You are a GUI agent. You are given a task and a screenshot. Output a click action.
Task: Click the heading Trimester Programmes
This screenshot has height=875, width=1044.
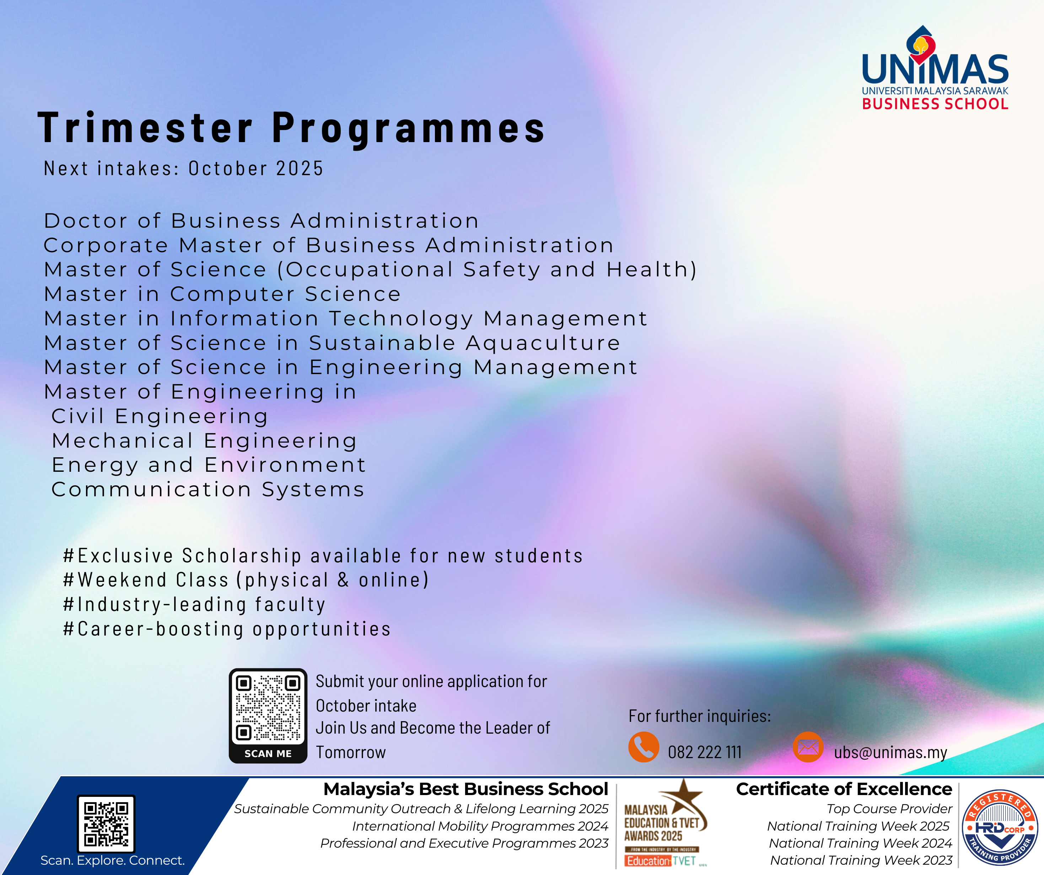[292, 128]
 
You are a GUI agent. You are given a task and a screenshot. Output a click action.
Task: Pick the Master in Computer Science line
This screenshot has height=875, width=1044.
[222, 294]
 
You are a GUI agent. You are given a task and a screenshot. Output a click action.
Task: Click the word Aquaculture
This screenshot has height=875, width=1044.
[543, 343]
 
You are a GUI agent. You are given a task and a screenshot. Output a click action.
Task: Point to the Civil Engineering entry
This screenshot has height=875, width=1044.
[160, 416]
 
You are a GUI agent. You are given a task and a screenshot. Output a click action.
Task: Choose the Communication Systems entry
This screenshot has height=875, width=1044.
[208, 489]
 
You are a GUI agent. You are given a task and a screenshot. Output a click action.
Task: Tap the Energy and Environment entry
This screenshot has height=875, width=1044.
[209, 465]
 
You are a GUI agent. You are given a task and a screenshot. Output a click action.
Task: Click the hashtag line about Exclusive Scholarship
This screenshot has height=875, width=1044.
[323, 555]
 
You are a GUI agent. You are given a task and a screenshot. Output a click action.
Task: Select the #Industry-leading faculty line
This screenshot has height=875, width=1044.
[194, 604]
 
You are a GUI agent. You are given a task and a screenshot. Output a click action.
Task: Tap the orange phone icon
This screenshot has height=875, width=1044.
[643, 747]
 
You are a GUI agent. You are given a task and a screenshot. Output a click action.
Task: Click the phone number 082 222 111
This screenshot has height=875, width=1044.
[704, 752]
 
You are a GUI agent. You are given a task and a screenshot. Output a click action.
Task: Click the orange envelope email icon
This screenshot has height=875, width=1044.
[808, 747]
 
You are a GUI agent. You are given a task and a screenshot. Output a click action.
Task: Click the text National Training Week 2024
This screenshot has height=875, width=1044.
[860, 843]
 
